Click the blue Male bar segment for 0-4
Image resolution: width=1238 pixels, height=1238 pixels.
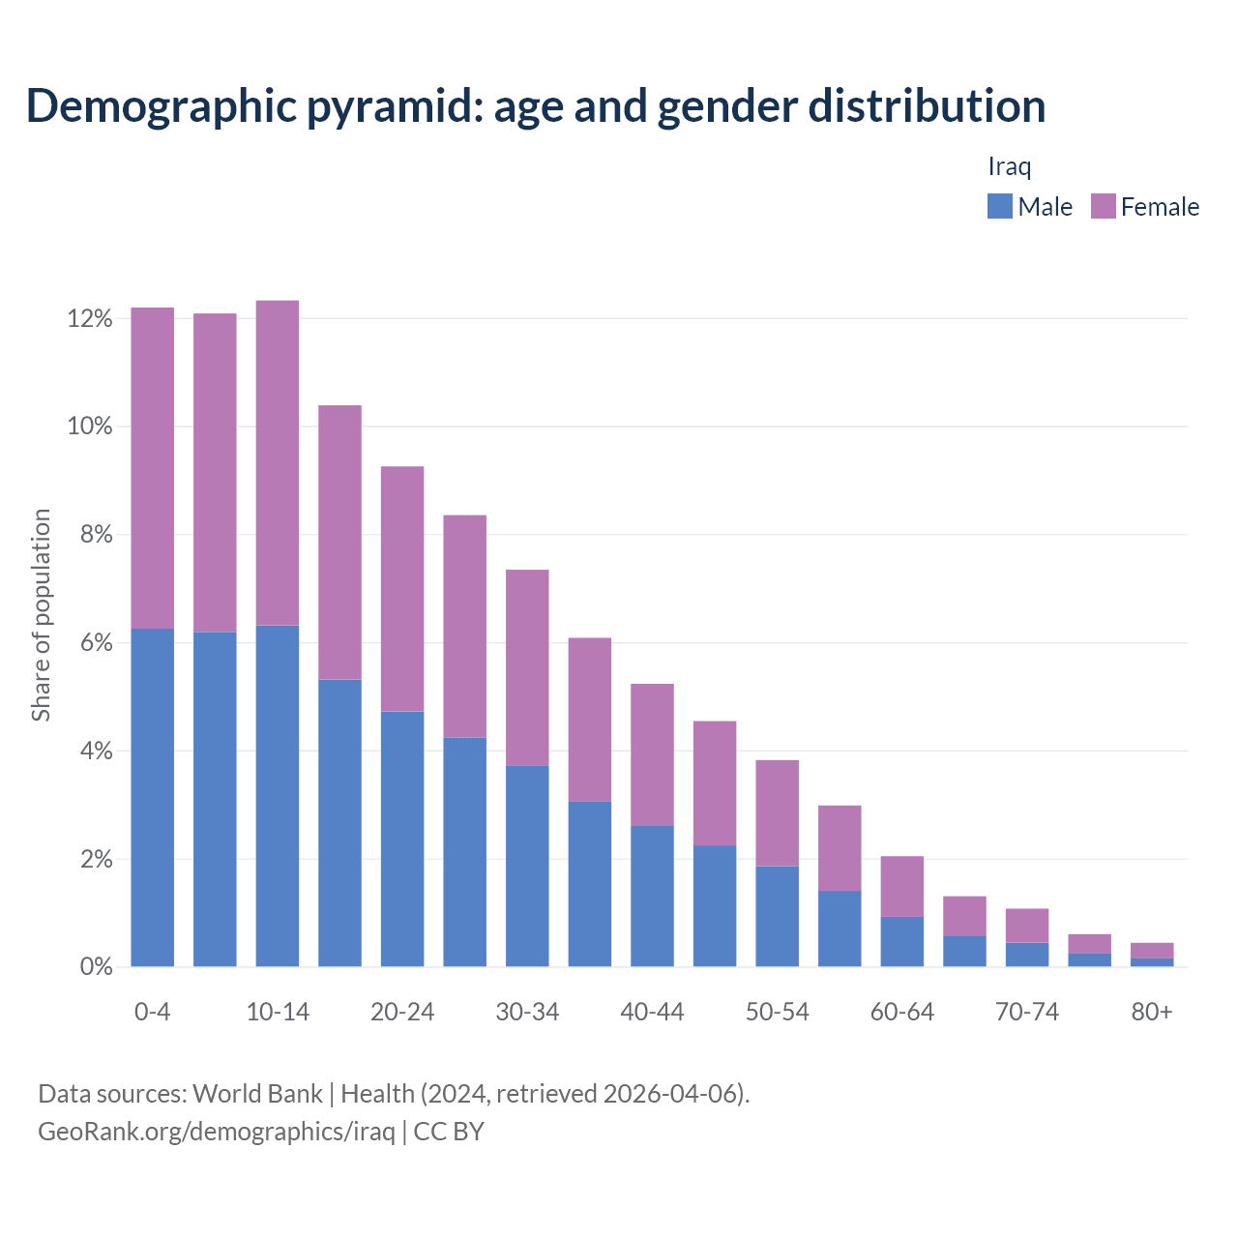[152, 797]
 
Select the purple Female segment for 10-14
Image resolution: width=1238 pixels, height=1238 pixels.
[278, 463]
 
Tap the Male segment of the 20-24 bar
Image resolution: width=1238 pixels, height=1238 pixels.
[402, 839]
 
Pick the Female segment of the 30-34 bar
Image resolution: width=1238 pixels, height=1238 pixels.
[527, 667]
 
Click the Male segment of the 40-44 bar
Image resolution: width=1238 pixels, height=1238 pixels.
[652, 896]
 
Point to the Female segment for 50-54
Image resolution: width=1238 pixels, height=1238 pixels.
[777, 812]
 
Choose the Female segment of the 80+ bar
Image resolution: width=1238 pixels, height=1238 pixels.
[1152, 951]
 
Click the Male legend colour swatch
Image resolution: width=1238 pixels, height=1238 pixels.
[999, 206]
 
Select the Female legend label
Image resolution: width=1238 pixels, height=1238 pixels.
[1160, 207]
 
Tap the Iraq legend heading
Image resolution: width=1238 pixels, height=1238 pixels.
[1009, 166]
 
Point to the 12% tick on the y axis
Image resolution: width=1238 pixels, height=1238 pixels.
[90, 318]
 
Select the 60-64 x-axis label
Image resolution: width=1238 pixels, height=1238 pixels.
[901, 1012]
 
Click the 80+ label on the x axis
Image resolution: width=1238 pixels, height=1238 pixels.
[1152, 1012]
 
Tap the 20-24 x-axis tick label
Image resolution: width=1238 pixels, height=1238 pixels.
[402, 1012]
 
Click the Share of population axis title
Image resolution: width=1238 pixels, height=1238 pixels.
[41, 615]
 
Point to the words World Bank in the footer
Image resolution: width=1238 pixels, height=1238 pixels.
[257, 1094]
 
